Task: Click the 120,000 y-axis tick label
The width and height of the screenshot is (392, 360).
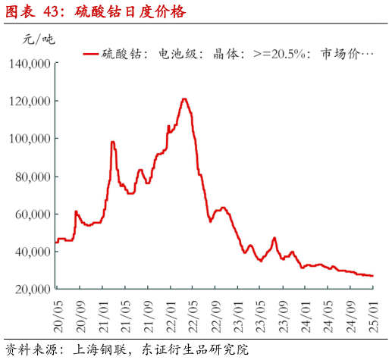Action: click(30, 102)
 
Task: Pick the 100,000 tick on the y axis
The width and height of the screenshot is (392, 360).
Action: click(30, 139)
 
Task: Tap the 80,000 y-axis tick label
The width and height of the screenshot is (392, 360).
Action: click(33, 177)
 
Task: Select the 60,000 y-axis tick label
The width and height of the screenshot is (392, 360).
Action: click(33, 214)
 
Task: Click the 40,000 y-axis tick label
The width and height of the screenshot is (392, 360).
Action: click(33, 252)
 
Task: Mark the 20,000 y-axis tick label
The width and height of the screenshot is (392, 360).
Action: click(33, 290)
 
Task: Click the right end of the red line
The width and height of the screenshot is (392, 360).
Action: click(372, 276)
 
